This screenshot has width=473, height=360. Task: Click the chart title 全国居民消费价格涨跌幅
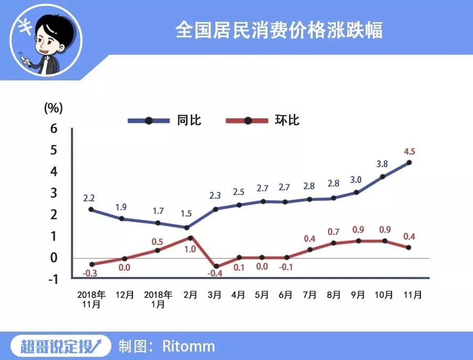click(x=279, y=30)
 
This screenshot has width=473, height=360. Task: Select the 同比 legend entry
click(x=189, y=120)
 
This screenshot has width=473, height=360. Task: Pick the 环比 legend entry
click(x=287, y=120)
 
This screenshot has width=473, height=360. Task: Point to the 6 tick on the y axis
click(x=54, y=129)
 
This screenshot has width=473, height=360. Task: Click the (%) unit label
click(x=53, y=108)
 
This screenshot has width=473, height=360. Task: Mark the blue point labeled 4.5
click(x=409, y=162)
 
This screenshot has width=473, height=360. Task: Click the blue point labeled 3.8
click(x=383, y=177)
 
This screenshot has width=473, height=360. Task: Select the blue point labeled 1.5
click(x=186, y=228)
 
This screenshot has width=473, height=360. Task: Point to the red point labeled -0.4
click(x=215, y=266)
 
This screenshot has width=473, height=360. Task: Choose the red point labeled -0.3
click(x=91, y=264)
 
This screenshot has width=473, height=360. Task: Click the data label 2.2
click(x=89, y=198)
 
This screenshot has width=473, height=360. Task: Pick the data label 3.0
click(x=356, y=180)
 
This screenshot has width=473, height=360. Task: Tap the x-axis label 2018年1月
click(x=158, y=299)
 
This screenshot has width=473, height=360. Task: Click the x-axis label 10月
click(x=383, y=295)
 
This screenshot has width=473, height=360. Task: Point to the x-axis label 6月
click(x=286, y=295)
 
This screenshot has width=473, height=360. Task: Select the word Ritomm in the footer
click(x=189, y=346)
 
